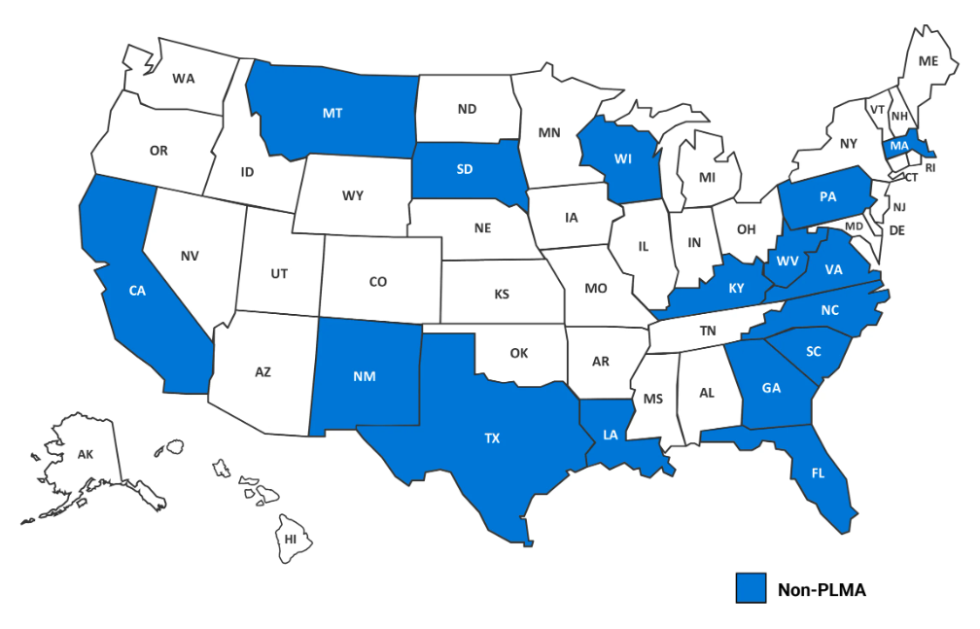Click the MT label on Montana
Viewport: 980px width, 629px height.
pyautogui.click(x=332, y=113)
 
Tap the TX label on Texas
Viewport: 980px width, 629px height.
pyautogui.click(x=492, y=438)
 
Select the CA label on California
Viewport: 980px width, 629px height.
pyautogui.click(x=137, y=290)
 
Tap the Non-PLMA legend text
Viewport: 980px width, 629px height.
pyautogui.click(x=821, y=589)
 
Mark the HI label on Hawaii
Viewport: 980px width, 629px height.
pyautogui.click(x=291, y=539)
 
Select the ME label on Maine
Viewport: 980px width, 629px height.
pyautogui.click(x=928, y=61)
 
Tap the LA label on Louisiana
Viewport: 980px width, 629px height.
pyautogui.click(x=610, y=436)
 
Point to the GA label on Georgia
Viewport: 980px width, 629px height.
pyautogui.click(x=771, y=388)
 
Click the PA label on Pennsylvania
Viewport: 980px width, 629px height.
pyautogui.click(x=827, y=196)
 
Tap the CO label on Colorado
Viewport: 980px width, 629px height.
pyautogui.click(x=378, y=282)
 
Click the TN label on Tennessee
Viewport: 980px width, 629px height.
pyautogui.click(x=708, y=332)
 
